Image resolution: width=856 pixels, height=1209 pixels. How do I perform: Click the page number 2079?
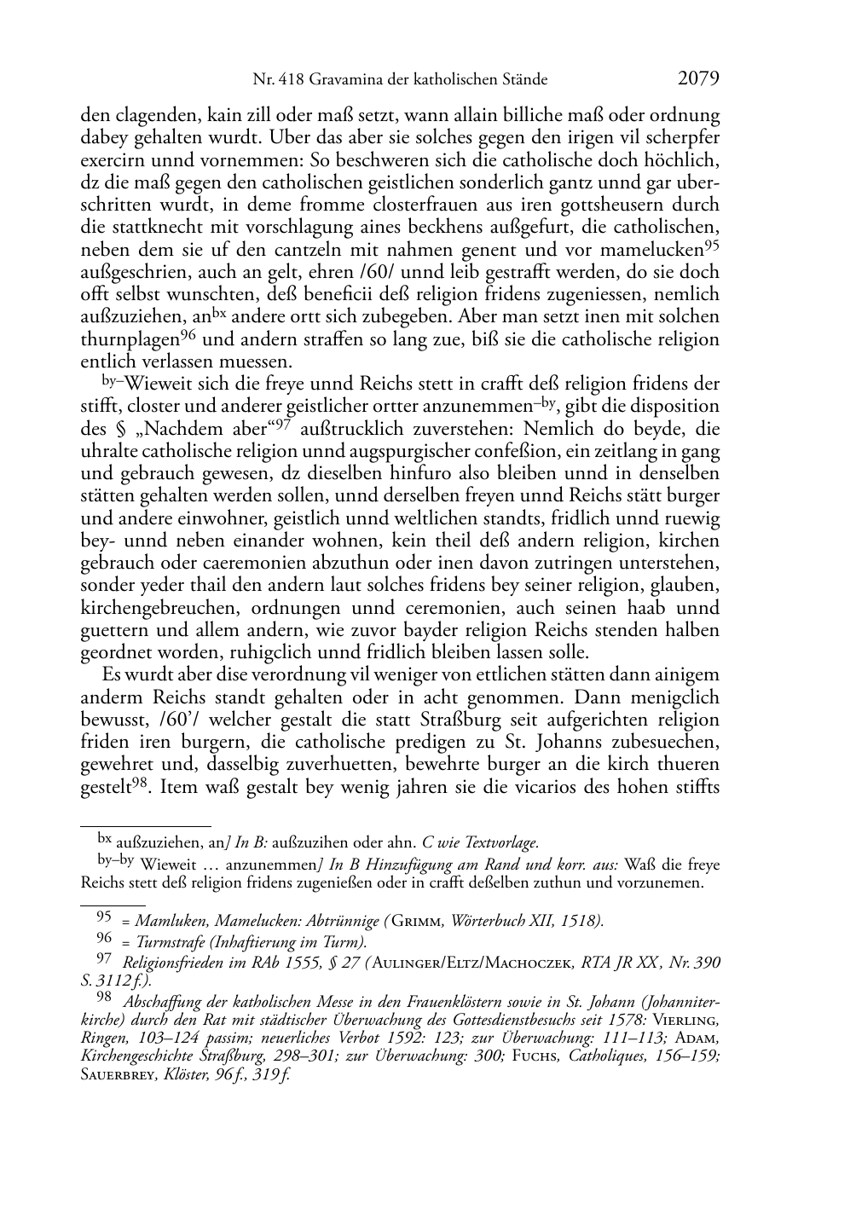pos(699,79)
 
